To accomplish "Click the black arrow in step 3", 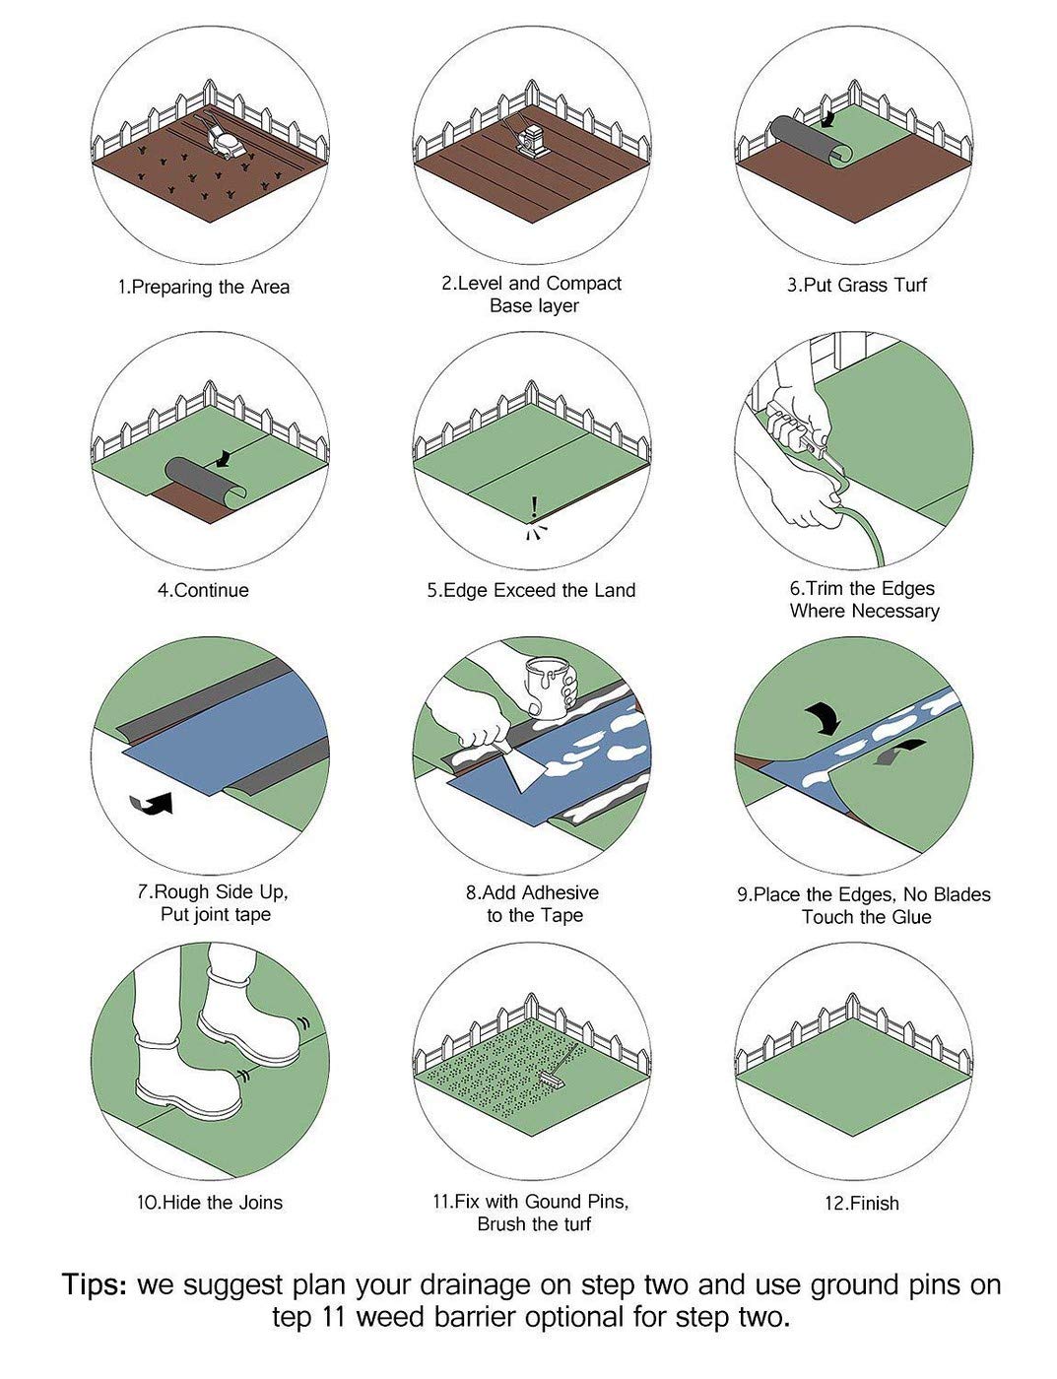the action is point(826,117).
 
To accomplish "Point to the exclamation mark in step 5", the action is point(534,507).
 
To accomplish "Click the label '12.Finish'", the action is point(861,1204).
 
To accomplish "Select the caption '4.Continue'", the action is point(203,590).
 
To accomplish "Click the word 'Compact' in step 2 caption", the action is point(584,284).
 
